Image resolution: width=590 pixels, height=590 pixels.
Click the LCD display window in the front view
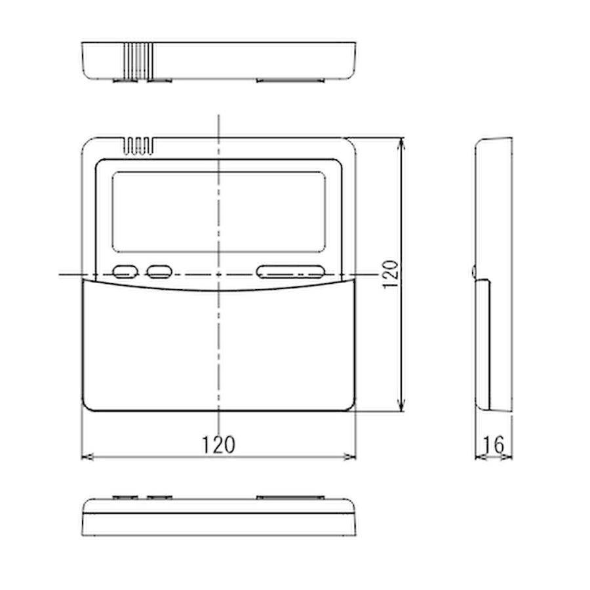click(x=218, y=212)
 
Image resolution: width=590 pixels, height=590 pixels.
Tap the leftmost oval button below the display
click(x=125, y=271)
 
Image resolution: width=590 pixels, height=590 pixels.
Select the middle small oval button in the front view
click(x=159, y=271)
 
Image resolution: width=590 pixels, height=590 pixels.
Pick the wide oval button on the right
click(x=291, y=271)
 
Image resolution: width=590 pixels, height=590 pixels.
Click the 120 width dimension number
click(x=218, y=444)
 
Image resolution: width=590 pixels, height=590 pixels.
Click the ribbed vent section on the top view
click(x=139, y=60)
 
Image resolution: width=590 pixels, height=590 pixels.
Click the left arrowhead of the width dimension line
click(x=85, y=456)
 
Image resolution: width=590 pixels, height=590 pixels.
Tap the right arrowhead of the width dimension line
click(x=352, y=456)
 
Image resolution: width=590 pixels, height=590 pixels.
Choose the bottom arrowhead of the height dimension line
click(x=402, y=408)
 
